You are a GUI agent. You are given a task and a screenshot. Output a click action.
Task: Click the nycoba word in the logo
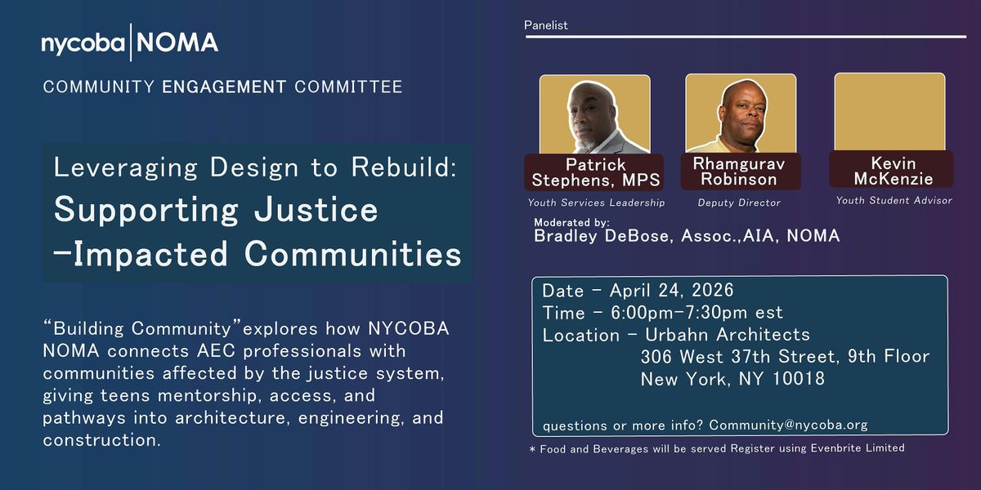click(83, 44)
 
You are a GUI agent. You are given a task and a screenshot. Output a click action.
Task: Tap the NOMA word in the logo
click(177, 42)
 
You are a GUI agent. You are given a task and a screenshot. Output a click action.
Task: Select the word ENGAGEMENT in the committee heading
click(224, 87)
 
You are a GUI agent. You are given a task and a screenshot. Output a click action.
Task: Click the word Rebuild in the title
click(404, 167)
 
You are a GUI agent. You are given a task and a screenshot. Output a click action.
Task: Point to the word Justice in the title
click(316, 209)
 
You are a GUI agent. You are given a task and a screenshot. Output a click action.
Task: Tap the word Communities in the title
click(353, 254)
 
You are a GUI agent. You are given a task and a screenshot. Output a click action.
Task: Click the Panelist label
click(546, 25)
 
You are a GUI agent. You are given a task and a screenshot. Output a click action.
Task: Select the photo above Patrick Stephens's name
click(595, 114)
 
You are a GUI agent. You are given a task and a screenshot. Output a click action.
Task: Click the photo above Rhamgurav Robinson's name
click(741, 113)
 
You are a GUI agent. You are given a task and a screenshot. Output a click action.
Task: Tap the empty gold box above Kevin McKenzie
click(889, 112)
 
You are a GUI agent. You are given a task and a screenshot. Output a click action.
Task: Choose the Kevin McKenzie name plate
click(891, 170)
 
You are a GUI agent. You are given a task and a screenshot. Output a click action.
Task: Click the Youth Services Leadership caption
click(596, 203)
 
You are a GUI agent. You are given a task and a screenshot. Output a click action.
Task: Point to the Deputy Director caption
click(739, 203)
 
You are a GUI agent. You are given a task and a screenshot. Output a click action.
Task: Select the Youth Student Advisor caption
click(894, 200)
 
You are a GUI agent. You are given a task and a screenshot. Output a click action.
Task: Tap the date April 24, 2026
click(671, 290)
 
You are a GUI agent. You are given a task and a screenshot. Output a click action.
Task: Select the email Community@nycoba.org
click(788, 425)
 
